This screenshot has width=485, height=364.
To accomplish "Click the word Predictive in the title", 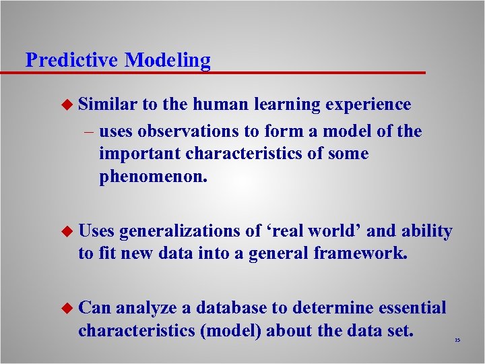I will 73,60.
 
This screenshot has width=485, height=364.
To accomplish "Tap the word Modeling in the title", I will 168,61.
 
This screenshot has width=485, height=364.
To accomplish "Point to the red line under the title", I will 222,72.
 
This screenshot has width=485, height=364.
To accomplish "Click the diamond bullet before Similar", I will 66,104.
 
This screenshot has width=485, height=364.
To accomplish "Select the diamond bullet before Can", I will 66,308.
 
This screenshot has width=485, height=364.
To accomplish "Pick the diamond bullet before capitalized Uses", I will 66,231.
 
